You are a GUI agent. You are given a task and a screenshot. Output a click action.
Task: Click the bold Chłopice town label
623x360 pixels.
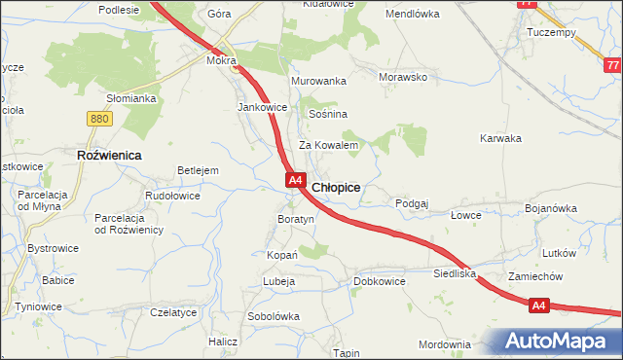point(337,187)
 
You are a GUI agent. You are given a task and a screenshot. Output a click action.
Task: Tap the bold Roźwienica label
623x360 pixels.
point(109,155)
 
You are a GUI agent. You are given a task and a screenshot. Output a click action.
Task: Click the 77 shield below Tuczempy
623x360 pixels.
point(611,66)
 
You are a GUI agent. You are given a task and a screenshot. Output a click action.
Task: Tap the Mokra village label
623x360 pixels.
point(219,60)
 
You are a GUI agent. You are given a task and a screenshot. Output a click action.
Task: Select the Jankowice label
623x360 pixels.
point(262,107)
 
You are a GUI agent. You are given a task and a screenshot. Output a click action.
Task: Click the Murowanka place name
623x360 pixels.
point(319,81)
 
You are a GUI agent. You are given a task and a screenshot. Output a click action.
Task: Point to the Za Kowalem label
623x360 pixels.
point(329,145)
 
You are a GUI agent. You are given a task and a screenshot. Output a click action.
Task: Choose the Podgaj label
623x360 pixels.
point(412,203)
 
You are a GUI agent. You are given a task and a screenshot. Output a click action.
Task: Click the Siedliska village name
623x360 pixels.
point(455,274)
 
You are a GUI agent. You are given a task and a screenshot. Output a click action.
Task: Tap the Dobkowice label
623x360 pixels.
point(379,281)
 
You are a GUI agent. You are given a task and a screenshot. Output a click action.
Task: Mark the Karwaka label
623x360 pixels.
point(500,138)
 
